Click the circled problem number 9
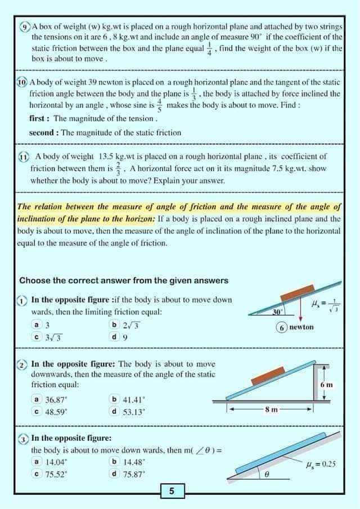click(25, 26)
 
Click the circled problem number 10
click(22, 82)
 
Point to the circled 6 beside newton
click(282, 327)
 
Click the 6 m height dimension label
click(327, 385)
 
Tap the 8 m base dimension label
click(272, 409)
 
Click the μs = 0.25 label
click(320, 464)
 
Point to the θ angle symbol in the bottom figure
click(267, 475)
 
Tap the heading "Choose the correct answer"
click(124, 281)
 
